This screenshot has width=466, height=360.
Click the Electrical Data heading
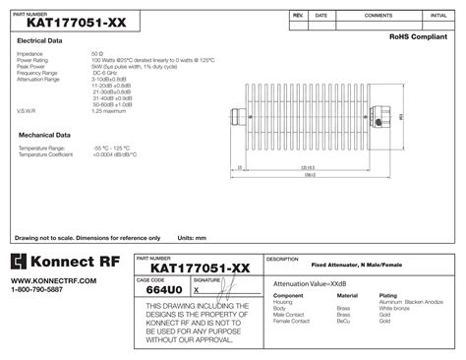click(x=39, y=41)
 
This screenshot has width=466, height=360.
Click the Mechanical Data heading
click(x=42, y=133)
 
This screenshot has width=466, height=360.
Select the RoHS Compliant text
click(x=417, y=36)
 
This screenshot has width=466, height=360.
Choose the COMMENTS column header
click(x=379, y=16)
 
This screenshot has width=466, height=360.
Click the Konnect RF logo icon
click(x=21, y=263)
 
